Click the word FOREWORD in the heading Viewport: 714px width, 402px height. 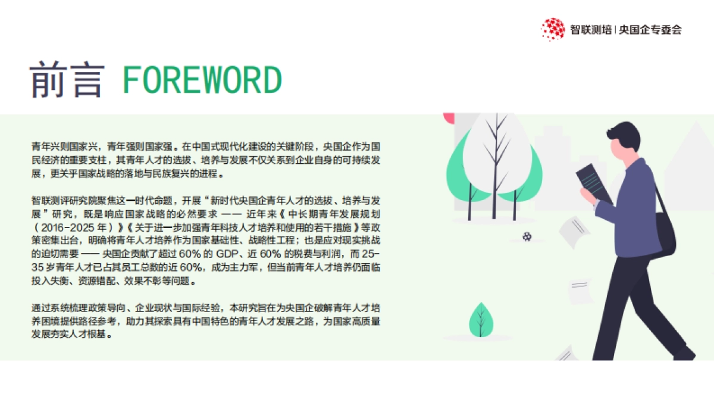pos(202,80)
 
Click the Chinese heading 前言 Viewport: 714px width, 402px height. pos(67,80)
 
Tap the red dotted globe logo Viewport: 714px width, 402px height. pos(553,29)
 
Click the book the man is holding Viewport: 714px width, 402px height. pos(594,181)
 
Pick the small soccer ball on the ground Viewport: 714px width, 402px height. pos(527,236)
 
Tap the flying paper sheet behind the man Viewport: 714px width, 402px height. pos(574,232)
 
